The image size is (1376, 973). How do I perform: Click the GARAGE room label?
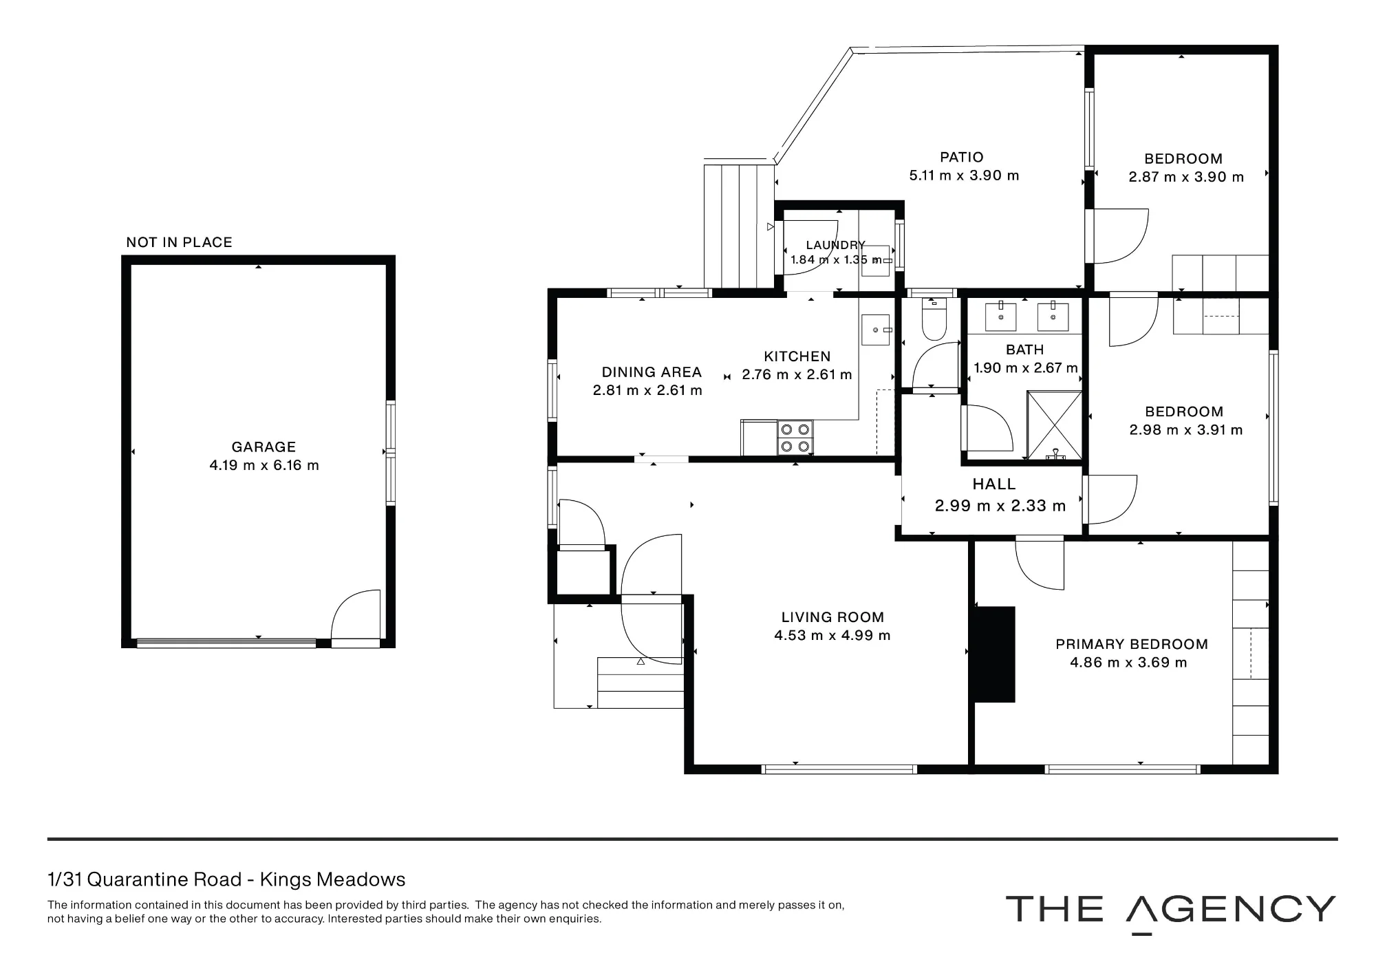pos(264,447)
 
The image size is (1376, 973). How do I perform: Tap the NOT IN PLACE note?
pos(179,242)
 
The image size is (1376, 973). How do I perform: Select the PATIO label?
pos(962,158)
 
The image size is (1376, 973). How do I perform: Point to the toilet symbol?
pos(933,320)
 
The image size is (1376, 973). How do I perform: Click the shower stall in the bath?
pos(1054,425)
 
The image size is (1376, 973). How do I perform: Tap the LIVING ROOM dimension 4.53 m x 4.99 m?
pos(832,636)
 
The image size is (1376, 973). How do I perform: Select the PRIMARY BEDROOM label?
pos(1132,645)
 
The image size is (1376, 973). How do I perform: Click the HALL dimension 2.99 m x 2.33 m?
pos(1000,506)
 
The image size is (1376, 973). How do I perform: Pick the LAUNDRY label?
pos(835,245)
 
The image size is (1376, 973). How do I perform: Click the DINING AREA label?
pos(652,372)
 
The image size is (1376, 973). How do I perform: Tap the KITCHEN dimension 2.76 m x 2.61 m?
pos(797,375)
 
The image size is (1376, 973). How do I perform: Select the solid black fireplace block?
pos(992,654)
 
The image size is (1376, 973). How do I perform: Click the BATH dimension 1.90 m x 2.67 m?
pos(1025,369)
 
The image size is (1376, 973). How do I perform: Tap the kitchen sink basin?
pos(875,330)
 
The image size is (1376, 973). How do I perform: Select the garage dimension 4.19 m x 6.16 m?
pos(264,466)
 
